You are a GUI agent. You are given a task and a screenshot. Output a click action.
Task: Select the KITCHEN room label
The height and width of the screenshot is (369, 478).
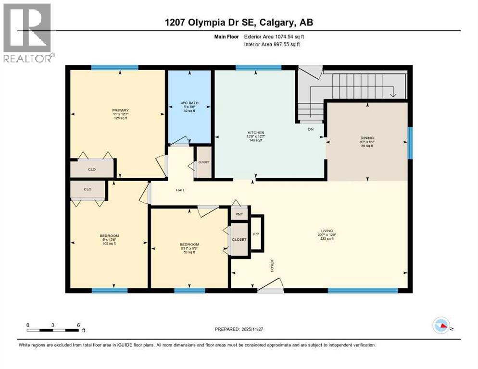pyautogui.click(x=256, y=133)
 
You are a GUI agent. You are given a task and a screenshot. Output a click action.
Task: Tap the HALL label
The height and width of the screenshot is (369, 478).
pyautogui.click(x=180, y=190)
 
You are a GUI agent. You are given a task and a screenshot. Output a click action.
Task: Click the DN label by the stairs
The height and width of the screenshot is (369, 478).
pyautogui.click(x=311, y=129)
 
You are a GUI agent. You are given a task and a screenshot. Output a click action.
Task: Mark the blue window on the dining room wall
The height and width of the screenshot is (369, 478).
pyautogui.click(x=410, y=142)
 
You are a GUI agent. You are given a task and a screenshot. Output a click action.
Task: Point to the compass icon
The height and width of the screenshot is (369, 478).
pyautogui.click(x=441, y=326)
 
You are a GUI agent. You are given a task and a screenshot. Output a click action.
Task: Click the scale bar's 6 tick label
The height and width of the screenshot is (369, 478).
pyautogui.click(x=78, y=325)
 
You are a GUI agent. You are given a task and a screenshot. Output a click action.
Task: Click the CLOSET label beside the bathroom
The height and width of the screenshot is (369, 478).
pyautogui.click(x=204, y=162)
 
